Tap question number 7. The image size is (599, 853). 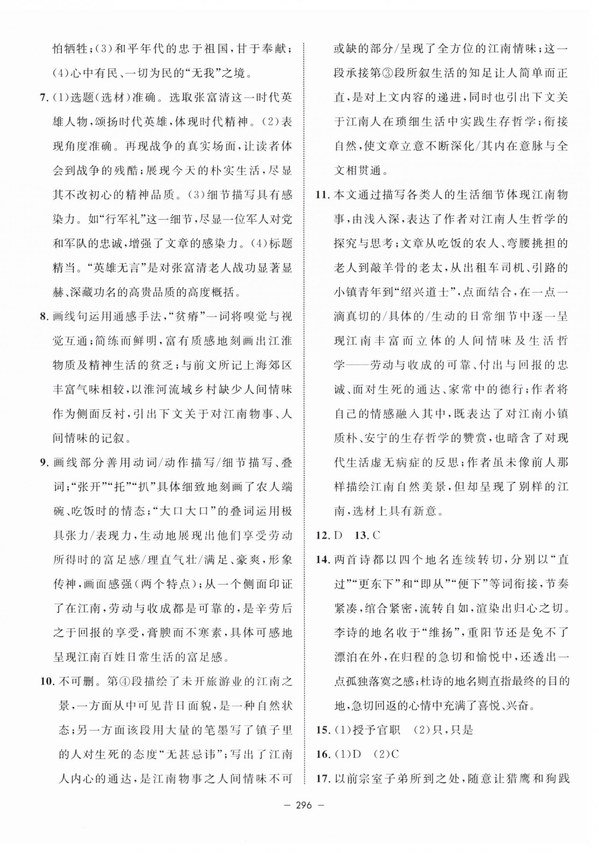(44, 98)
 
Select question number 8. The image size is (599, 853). (44, 316)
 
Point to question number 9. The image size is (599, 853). (44, 463)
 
